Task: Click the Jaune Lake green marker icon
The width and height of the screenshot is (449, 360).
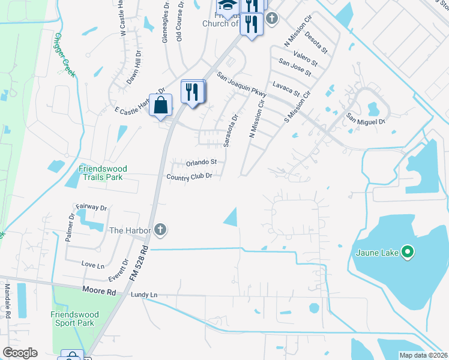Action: coord(408,251)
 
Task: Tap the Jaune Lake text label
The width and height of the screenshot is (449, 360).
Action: coord(377,253)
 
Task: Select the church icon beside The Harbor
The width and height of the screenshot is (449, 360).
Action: coord(160,229)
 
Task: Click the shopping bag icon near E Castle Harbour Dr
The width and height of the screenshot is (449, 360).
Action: coord(161,106)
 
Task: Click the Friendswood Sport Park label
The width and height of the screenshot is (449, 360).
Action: coord(73,319)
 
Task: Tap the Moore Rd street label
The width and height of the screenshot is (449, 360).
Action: coord(98,290)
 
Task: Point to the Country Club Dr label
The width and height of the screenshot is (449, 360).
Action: coord(189,176)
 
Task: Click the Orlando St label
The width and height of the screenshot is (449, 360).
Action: coord(201,163)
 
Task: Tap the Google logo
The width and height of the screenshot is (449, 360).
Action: coord(20,353)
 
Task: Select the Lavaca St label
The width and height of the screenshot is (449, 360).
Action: coord(286,89)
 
